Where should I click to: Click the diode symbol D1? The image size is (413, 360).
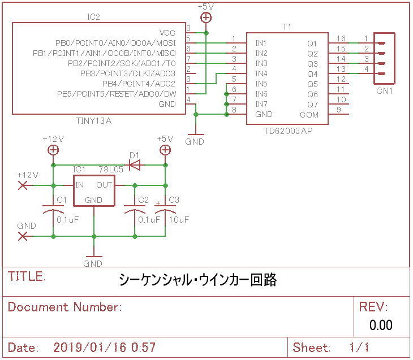tap(135, 165)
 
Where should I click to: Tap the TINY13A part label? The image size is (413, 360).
tap(94, 121)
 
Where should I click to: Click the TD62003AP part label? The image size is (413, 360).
tap(288, 131)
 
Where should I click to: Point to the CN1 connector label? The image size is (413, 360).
tap(385, 91)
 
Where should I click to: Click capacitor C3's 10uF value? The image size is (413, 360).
tap(179, 219)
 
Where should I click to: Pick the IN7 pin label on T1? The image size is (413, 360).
tap(261, 104)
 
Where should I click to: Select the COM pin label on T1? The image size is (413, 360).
tap(309, 115)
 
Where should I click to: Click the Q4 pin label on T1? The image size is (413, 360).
tap(313, 74)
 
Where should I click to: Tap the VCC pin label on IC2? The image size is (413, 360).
tap(167, 33)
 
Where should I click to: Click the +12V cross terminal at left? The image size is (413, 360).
tap(23, 185)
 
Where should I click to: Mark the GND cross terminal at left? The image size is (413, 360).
tap(23, 236)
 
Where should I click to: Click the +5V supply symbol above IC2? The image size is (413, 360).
tap(206, 18)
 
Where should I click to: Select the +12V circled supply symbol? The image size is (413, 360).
tap(53, 150)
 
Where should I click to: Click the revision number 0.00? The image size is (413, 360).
tap(381, 325)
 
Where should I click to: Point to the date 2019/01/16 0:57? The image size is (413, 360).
tap(105, 348)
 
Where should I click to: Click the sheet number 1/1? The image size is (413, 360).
tap(359, 348)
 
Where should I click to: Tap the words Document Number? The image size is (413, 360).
tap(65, 307)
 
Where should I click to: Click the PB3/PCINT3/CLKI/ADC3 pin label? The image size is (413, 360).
tap(128, 73)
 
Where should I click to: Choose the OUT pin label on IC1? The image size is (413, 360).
tap(104, 185)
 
